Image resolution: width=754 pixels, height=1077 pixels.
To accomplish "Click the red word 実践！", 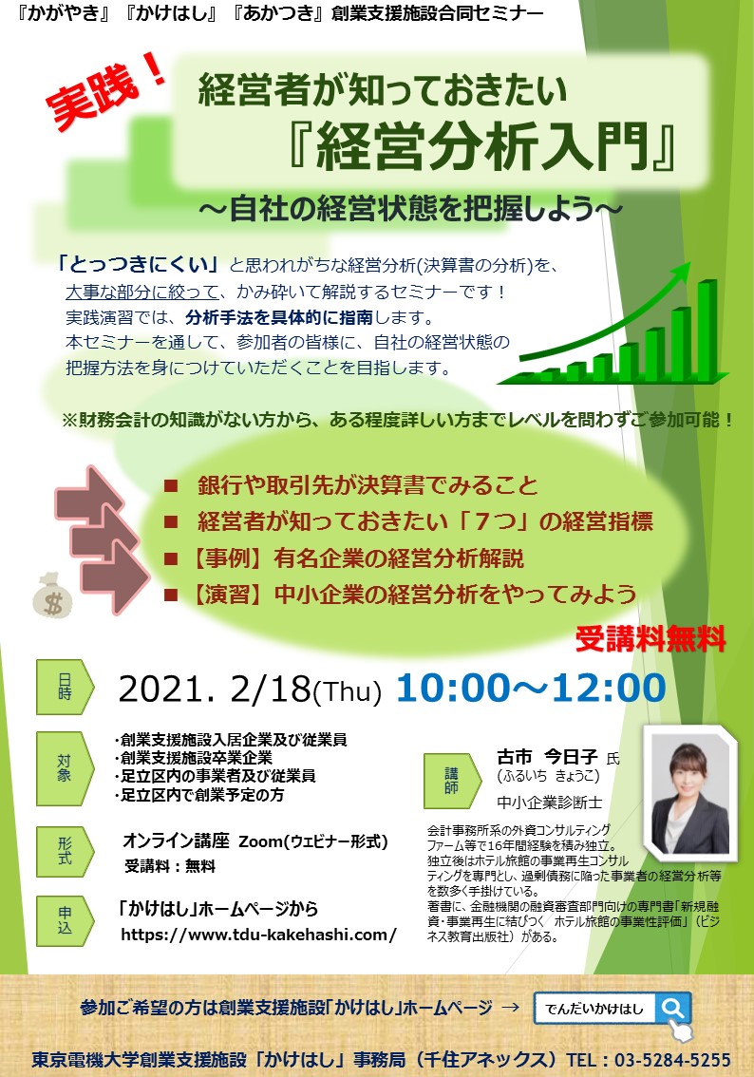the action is pos(105,92).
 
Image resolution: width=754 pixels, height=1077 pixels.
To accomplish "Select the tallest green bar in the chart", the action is pos(708,329).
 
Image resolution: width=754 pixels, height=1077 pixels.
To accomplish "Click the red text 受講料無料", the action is pos(650,639).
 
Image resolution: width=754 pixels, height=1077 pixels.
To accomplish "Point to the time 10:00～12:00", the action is pos(531,688).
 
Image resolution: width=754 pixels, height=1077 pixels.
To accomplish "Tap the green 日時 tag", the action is pos(65,687).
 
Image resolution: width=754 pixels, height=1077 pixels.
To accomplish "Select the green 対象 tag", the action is pos(65,768).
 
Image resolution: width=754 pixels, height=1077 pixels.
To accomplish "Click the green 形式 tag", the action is pos(65,851).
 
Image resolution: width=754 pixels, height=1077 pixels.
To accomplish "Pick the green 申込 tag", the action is pos(65,920).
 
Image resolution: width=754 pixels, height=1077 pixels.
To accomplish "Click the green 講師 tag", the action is pos(452,781).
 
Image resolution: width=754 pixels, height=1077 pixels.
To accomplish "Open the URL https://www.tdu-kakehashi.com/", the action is pos(259,935).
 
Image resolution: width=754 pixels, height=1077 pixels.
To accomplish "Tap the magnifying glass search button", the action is pos(673,1009).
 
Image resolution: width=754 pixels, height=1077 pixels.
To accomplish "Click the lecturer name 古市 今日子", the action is pos(547,757).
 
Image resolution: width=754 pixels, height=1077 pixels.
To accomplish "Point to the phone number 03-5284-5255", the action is pos(672,1060).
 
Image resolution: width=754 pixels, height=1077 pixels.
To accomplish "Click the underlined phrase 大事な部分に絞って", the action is pos(142,292).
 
